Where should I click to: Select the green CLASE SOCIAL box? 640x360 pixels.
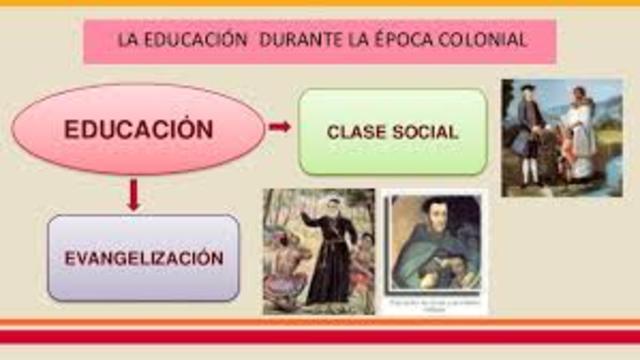click(392, 131)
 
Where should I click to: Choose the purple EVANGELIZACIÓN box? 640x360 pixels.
click(143, 258)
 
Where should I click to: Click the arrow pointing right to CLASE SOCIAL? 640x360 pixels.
click(280, 127)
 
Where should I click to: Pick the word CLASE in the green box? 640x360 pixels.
click(354, 132)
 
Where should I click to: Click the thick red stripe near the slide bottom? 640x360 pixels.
click(320, 335)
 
